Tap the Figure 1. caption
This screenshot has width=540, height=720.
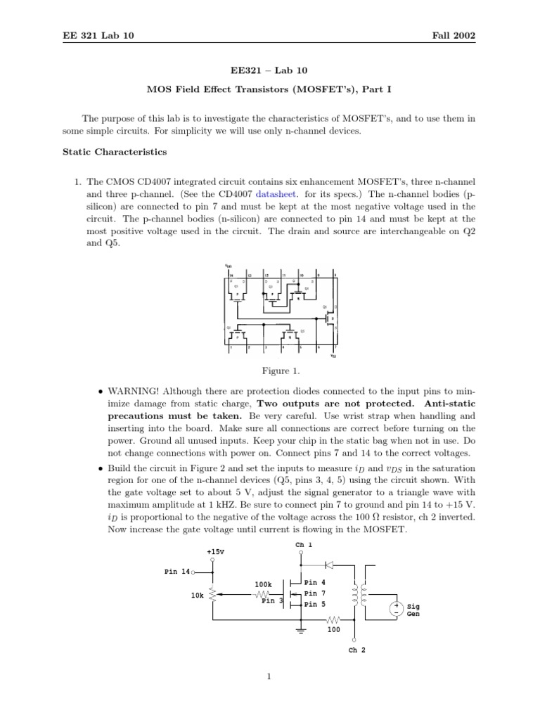click(x=270, y=371)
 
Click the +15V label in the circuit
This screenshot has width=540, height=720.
click(x=215, y=552)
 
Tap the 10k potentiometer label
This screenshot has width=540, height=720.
click(x=197, y=596)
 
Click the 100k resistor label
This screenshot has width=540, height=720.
click(x=263, y=584)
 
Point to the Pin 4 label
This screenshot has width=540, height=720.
click(x=314, y=582)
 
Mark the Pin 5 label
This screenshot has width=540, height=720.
click(x=314, y=604)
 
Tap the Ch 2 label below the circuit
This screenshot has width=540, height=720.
click(x=357, y=650)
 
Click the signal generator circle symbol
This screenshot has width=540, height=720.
click(x=397, y=608)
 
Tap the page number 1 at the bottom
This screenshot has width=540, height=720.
click(x=269, y=677)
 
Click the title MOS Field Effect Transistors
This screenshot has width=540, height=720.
click(x=270, y=90)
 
